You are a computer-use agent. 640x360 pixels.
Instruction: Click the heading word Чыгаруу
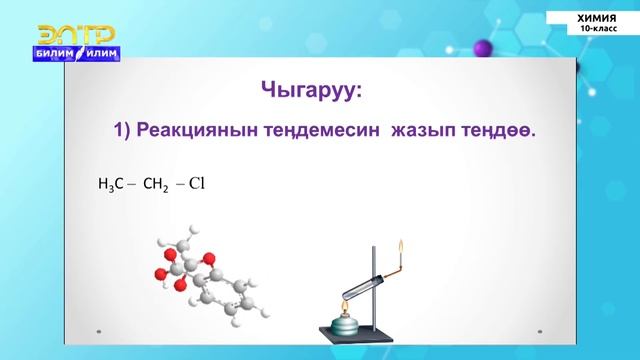pos(307,91)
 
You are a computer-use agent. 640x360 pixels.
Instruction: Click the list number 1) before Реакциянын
pos(124,131)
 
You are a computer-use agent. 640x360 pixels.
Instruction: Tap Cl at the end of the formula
pos(195,184)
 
